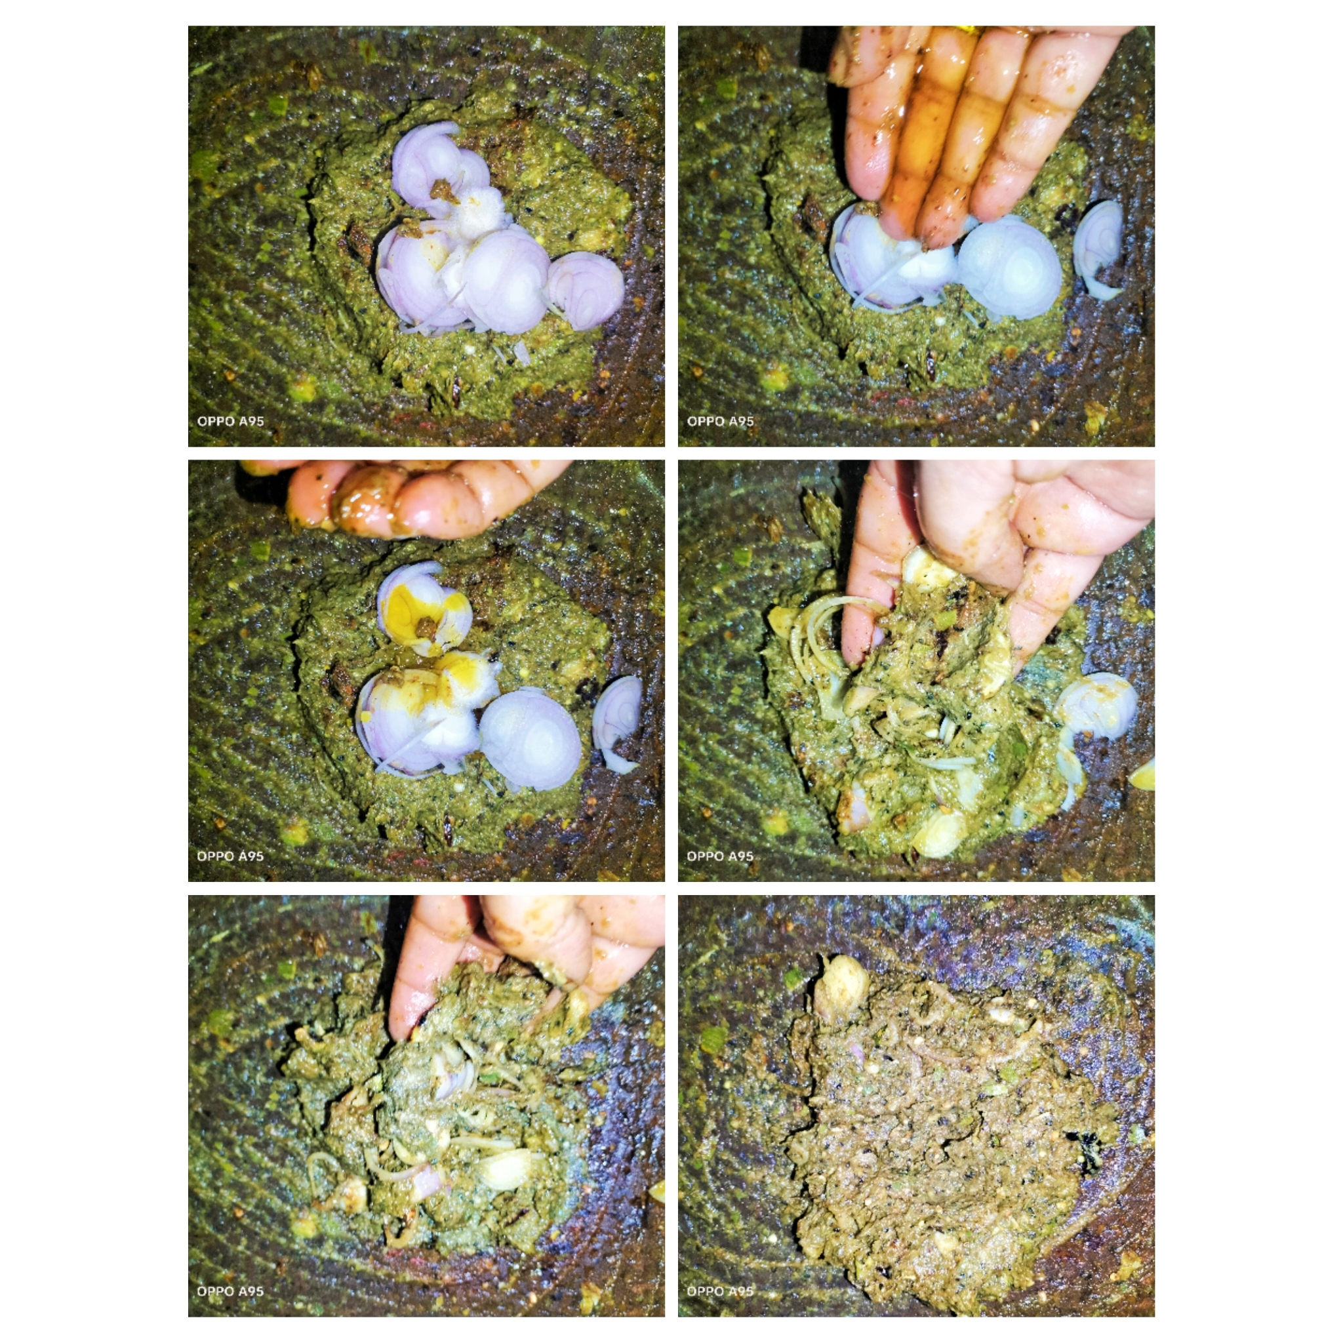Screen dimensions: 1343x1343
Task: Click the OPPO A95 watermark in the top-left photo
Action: click(231, 421)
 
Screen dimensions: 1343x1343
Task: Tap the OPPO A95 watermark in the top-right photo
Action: click(720, 421)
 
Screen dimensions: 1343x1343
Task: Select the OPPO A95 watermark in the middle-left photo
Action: click(231, 856)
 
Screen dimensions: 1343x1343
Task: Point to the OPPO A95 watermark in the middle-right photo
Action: click(720, 856)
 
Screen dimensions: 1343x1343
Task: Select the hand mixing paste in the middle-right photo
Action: click(987, 556)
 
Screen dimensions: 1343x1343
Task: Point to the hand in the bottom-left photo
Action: click(514, 959)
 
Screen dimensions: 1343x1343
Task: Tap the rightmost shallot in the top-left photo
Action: click(586, 290)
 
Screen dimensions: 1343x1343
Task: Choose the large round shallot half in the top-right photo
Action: click(1010, 268)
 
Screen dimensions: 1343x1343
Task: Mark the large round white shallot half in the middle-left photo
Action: click(531, 740)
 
